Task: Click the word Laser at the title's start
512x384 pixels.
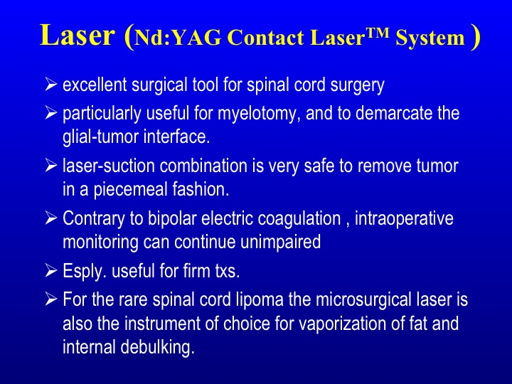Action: click(x=78, y=36)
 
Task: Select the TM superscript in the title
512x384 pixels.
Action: click(x=378, y=33)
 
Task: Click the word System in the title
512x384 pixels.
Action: click(x=430, y=38)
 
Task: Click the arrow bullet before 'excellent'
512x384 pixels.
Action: click(x=51, y=84)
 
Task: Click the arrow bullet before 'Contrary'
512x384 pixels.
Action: click(x=51, y=218)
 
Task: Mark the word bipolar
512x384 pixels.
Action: click(x=172, y=218)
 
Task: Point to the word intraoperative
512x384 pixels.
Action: click(x=404, y=218)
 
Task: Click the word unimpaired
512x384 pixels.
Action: click(x=280, y=242)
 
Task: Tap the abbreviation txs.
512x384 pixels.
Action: click(x=228, y=272)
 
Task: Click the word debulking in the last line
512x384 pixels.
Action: click(x=157, y=347)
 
